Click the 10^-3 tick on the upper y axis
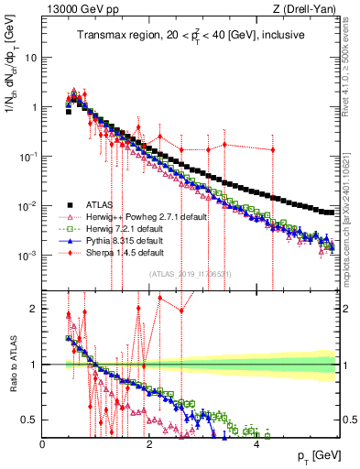(x=27, y=255)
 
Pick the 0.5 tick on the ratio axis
(x=31, y=420)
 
